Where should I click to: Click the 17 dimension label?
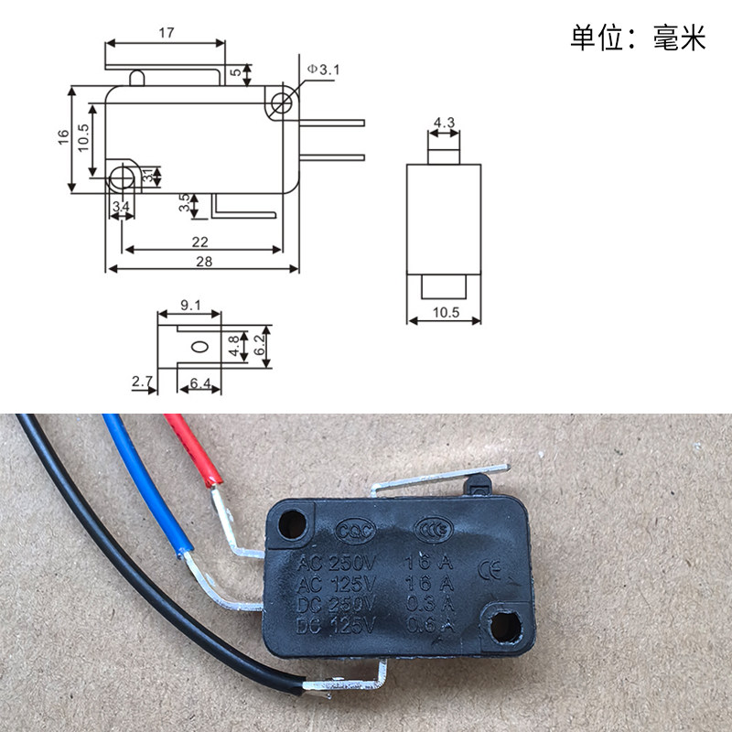(166, 31)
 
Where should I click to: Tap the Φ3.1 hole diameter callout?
(323, 69)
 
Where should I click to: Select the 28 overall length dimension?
(203, 261)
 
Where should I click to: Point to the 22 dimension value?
(200, 242)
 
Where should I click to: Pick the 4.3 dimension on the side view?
(445, 122)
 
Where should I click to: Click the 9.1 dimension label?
(190, 305)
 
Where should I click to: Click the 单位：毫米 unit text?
(638, 38)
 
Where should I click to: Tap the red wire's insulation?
(193, 448)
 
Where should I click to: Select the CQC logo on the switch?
(351, 529)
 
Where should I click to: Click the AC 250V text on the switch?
(332, 562)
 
